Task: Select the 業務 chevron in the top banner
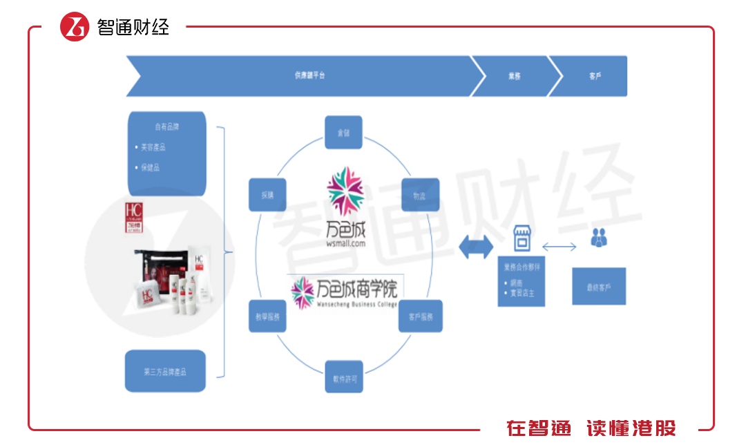[x=514, y=75]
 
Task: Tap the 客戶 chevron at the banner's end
[x=595, y=75]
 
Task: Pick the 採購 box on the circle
[x=267, y=196]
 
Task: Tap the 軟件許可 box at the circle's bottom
[x=343, y=378]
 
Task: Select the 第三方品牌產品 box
[x=166, y=372]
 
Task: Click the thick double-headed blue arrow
[x=477, y=247]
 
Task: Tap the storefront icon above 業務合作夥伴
[x=521, y=241]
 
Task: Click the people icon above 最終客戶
[x=598, y=238]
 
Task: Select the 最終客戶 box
[x=598, y=287]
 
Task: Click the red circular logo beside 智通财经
[x=75, y=26]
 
